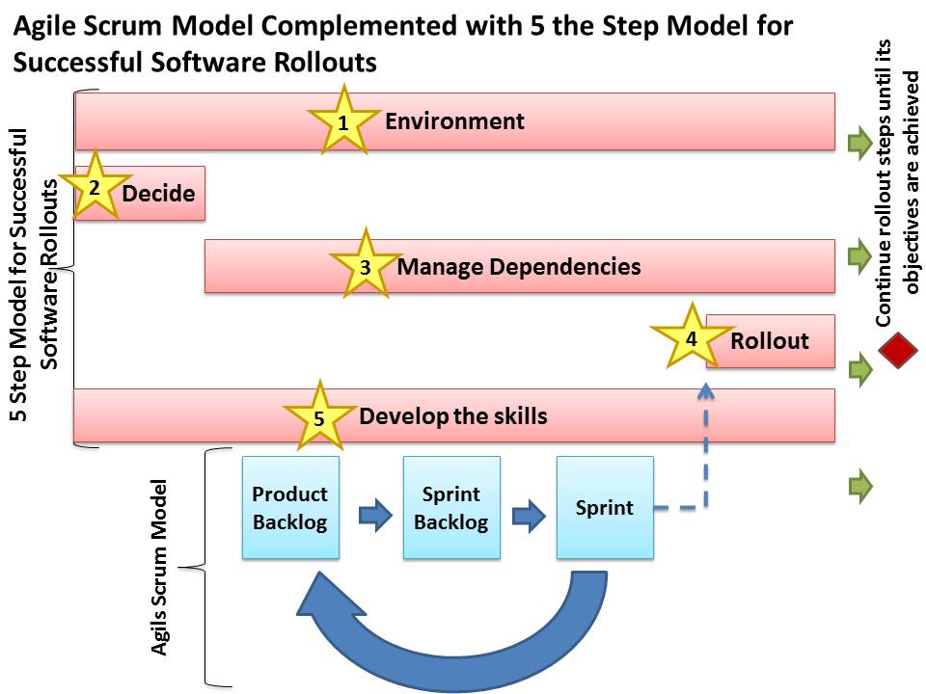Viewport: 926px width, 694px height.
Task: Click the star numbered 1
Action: [343, 121]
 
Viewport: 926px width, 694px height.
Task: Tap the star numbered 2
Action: [95, 187]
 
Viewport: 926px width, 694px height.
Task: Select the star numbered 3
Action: [366, 266]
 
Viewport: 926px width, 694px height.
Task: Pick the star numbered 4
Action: [692, 338]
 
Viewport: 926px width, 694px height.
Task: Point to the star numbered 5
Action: [319, 417]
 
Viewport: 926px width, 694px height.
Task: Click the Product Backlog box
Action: [290, 508]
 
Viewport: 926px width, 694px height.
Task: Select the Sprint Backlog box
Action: [451, 508]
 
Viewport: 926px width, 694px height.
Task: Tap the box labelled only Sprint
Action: [605, 508]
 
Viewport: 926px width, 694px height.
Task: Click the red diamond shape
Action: [898, 350]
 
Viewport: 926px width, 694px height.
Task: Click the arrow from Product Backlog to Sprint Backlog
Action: [375, 515]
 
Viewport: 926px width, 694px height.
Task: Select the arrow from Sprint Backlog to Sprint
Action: [529, 515]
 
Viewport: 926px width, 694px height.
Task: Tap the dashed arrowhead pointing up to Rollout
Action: [706, 389]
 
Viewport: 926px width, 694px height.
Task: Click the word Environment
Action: [454, 121]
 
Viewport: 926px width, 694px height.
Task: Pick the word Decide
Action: [158, 194]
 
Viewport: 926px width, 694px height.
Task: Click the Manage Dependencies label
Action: [519, 267]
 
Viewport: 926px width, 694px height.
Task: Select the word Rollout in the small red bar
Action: [770, 340]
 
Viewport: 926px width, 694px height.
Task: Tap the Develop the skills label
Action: [453, 416]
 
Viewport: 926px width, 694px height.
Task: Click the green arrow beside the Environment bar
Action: [859, 143]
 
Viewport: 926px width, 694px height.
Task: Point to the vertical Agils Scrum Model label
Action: [159, 567]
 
